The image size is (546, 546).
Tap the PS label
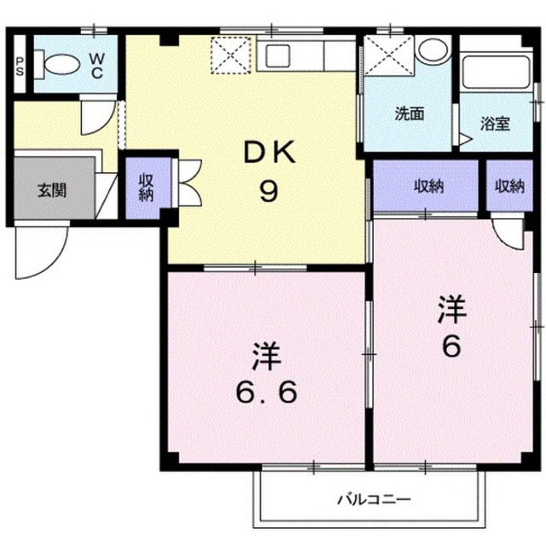20,67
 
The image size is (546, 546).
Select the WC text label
96,65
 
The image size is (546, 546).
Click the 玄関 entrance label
52,190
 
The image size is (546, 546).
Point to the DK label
270,152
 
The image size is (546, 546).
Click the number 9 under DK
270,191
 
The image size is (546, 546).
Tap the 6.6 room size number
267,392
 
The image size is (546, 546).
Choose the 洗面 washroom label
409,113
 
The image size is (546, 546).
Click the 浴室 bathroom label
496,124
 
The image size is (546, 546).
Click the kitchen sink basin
277,56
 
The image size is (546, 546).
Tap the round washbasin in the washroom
433,49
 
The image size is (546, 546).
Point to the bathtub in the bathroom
496,72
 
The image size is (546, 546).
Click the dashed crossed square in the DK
231,55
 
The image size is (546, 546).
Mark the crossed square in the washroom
389,55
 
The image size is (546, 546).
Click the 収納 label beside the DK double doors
146,188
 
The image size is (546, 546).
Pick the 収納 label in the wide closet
429,187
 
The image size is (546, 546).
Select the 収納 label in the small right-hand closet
510,187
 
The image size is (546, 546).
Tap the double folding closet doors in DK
189,182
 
